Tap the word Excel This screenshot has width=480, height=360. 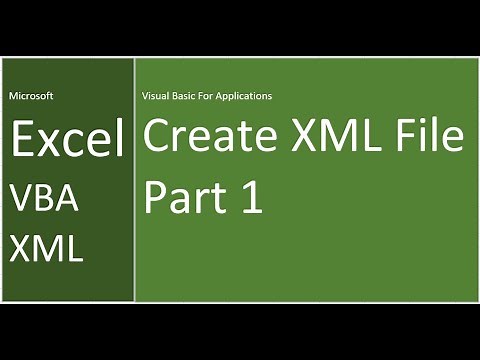[x=68, y=141]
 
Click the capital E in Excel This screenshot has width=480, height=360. [x=22, y=141]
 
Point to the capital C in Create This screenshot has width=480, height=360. [x=157, y=137]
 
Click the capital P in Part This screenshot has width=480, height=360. [x=155, y=196]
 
